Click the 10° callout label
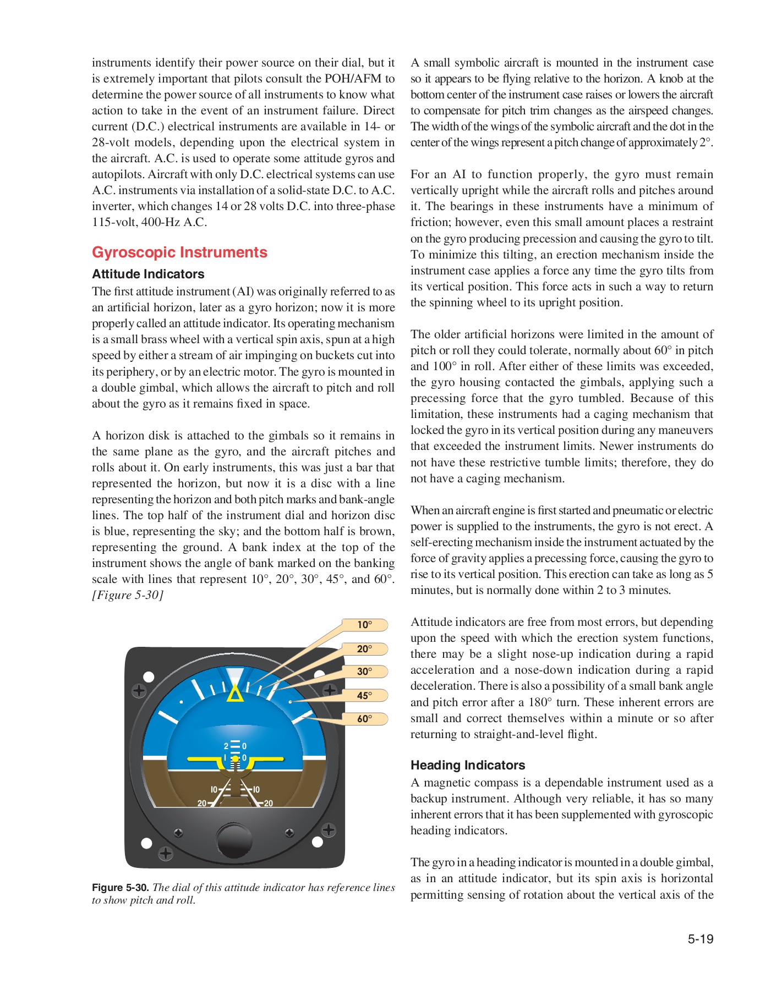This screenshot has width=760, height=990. (x=364, y=625)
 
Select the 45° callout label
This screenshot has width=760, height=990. (x=364, y=695)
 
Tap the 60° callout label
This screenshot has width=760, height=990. (x=364, y=718)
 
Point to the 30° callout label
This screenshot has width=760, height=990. (x=364, y=672)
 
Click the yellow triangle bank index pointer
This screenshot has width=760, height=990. (x=235, y=695)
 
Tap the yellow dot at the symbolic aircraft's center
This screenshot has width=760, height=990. (x=235, y=758)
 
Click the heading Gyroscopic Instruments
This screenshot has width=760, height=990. (x=179, y=252)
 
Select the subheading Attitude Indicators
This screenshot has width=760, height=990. (x=148, y=274)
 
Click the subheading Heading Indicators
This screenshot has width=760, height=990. (x=467, y=765)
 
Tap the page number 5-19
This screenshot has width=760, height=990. (x=700, y=939)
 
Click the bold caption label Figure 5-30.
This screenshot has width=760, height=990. (x=120, y=887)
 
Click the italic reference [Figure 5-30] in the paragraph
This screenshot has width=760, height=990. (x=128, y=595)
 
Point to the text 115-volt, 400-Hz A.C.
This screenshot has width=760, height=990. (x=149, y=222)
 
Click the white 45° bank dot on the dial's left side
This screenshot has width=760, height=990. (x=182, y=702)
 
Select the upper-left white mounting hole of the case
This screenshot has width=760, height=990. (x=148, y=676)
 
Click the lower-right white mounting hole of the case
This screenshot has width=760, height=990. (x=317, y=842)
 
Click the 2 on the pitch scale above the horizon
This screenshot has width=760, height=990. (x=226, y=746)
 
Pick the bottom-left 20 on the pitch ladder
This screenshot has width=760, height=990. (x=202, y=804)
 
